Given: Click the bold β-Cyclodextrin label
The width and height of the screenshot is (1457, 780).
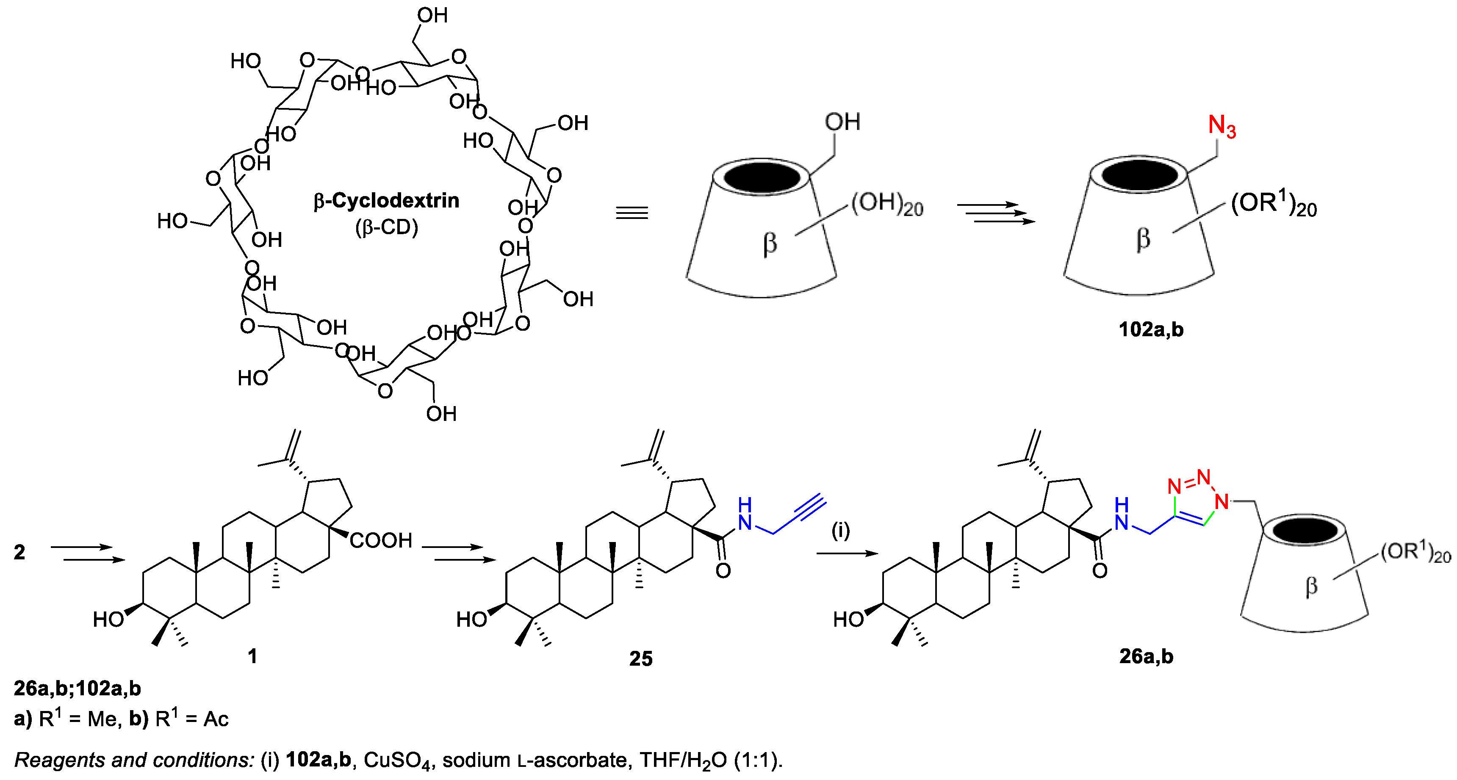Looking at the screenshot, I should point(386,201).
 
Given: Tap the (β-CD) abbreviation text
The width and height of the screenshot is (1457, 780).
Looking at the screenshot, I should point(386,227).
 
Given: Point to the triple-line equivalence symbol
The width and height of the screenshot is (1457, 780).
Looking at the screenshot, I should point(632,213).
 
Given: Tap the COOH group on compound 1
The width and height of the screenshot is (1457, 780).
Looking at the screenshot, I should point(381,541).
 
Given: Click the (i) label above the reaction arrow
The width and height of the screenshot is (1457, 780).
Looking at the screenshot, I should point(840,531).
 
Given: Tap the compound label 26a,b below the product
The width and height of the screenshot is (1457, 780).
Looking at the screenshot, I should point(1146,656).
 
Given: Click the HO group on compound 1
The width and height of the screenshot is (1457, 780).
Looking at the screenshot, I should point(108,620).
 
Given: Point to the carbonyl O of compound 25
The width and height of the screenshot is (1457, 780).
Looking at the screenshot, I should point(723,571).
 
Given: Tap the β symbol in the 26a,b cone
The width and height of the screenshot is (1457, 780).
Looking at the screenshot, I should point(1311,587).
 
